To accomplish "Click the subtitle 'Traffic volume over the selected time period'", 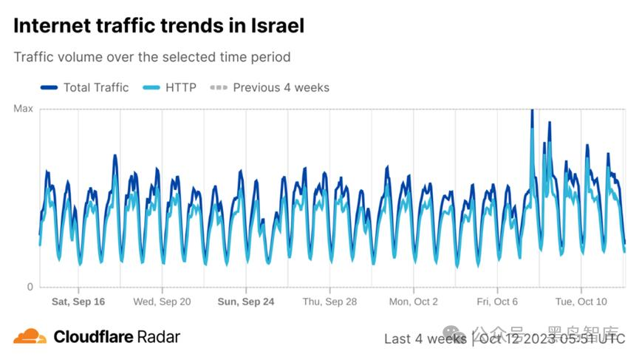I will (x=152, y=57).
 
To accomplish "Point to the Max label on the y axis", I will (x=24, y=109).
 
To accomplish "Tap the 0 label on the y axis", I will (x=30, y=287).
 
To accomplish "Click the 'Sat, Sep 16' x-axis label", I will (x=78, y=302).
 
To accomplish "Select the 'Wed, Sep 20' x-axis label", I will (x=162, y=302).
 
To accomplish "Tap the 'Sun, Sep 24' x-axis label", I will (x=246, y=302).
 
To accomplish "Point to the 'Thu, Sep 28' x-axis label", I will (x=329, y=302).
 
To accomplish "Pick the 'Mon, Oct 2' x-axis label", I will (x=414, y=302).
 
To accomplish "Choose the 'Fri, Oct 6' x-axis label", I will (x=497, y=302).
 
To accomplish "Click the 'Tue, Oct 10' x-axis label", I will (x=581, y=302).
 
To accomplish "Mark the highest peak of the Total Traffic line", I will (x=532, y=111).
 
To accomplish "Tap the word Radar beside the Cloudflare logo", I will (x=157, y=337).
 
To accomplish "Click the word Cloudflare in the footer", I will (x=92, y=337).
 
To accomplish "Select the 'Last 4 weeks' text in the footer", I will (x=425, y=339).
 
